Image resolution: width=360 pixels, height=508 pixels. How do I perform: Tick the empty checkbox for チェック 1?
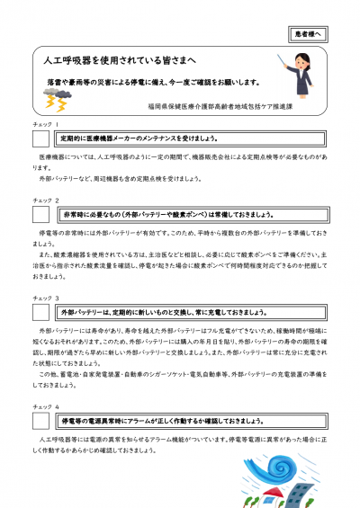click(x=40, y=139)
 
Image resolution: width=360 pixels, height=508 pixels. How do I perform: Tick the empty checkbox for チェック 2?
click(x=40, y=215)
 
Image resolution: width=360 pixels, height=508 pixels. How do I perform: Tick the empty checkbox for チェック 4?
click(x=40, y=421)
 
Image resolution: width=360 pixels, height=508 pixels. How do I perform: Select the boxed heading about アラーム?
click(x=162, y=421)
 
